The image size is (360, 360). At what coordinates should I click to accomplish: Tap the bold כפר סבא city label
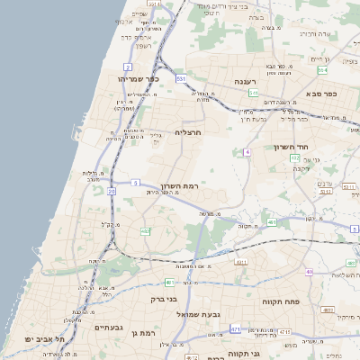pyautogui.click(x=320, y=93)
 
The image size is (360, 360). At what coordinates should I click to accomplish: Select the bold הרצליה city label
pyautogui.click(x=188, y=132)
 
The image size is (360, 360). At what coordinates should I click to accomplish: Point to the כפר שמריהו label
pyautogui.click(x=138, y=78)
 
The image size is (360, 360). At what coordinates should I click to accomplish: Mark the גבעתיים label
pyautogui.click(x=114, y=328)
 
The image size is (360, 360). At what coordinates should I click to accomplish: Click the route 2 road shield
pyautogui.click(x=128, y=67)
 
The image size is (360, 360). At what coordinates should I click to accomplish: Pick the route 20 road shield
pyautogui.click(x=112, y=191)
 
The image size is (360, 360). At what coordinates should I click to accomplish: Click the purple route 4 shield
pyautogui.click(x=246, y=151)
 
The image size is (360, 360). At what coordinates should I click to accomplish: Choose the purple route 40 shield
pyautogui.click(x=310, y=272)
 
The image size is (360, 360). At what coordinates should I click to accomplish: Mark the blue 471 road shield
pyautogui.click(x=235, y=329)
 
